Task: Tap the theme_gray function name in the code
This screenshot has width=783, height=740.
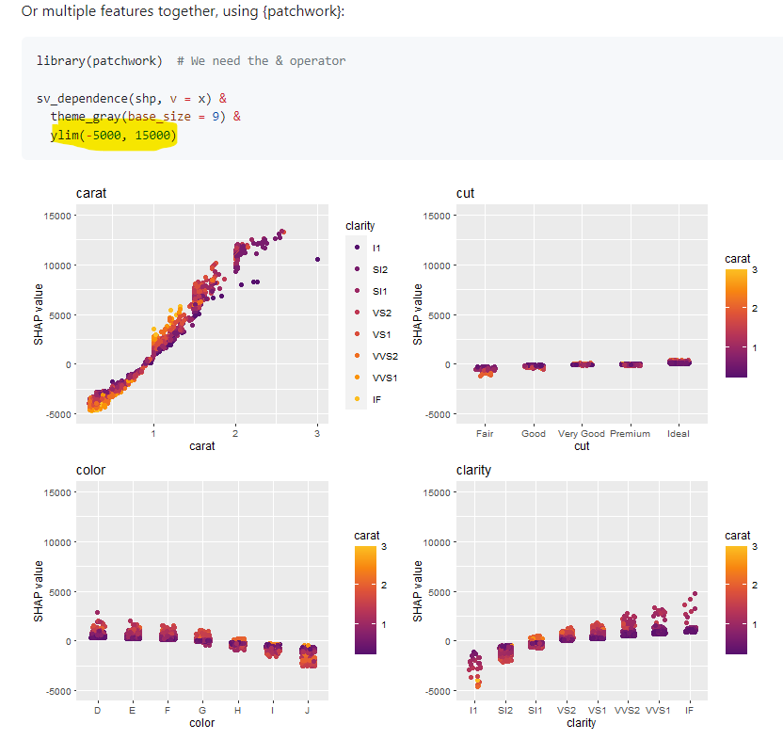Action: point(85,117)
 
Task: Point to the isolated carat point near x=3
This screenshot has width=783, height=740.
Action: point(317,259)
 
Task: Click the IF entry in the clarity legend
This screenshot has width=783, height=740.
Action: point(376,399)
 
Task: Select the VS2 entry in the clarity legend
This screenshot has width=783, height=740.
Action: point(381,313)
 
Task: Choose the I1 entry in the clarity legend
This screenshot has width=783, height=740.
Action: point(376,248)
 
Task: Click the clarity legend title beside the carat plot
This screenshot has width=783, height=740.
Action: point(360,226)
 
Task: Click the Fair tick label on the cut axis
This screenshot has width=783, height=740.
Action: point(485,434)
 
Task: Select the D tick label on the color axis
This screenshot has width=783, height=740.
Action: point(97,711)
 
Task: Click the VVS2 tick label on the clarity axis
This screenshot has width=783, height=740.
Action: point(628,711)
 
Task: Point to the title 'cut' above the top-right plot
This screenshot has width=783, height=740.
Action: point(465,193)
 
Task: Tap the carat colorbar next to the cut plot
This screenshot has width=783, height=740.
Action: point(737,323)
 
